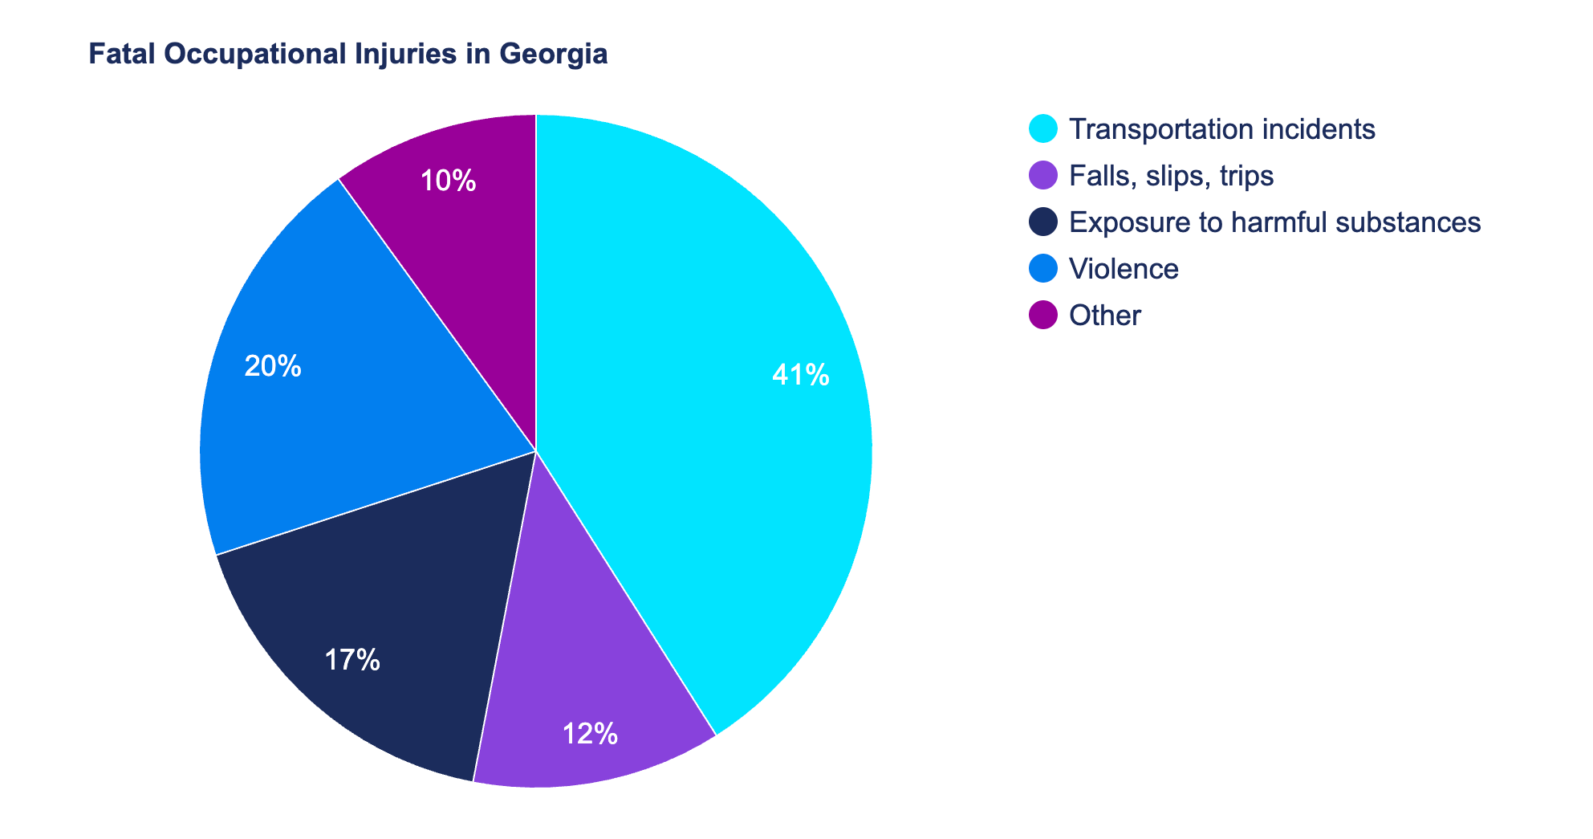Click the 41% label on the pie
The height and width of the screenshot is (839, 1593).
[800, 376]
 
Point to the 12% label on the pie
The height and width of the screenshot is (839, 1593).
[590, 734]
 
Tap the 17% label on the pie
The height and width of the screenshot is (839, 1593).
[352, 660]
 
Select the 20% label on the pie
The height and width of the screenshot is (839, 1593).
[273, 367]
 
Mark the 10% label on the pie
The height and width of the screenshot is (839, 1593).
[448, 181]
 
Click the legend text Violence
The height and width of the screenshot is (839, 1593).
[1124, 268]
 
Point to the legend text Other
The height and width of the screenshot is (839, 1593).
[1105, 315]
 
